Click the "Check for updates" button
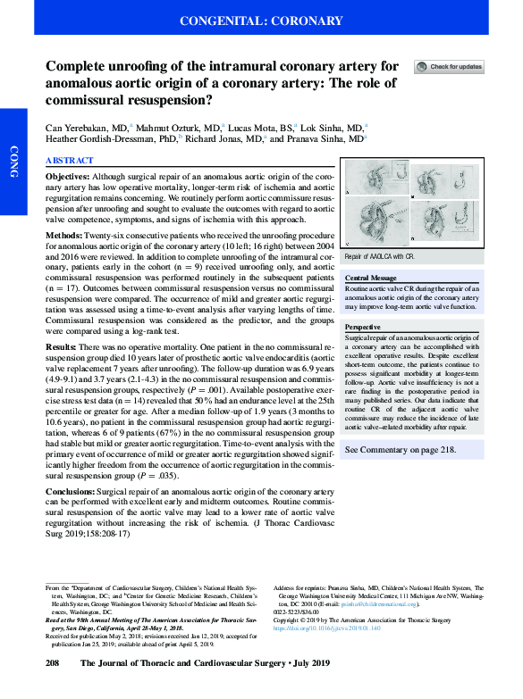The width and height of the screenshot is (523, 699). coord(449,67)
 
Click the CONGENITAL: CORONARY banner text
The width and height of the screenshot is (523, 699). coord(261,20)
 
